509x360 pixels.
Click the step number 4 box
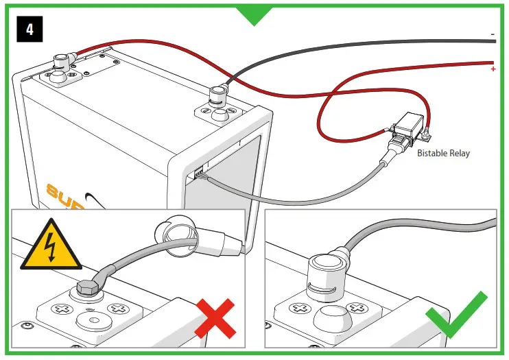[x=30, y=29]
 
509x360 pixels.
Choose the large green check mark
[x=457, y=315]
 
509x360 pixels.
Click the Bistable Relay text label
[x=443, y=153]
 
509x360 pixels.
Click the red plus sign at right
[x=493, y=69]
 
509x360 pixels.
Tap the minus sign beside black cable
[x=493, y=34]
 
